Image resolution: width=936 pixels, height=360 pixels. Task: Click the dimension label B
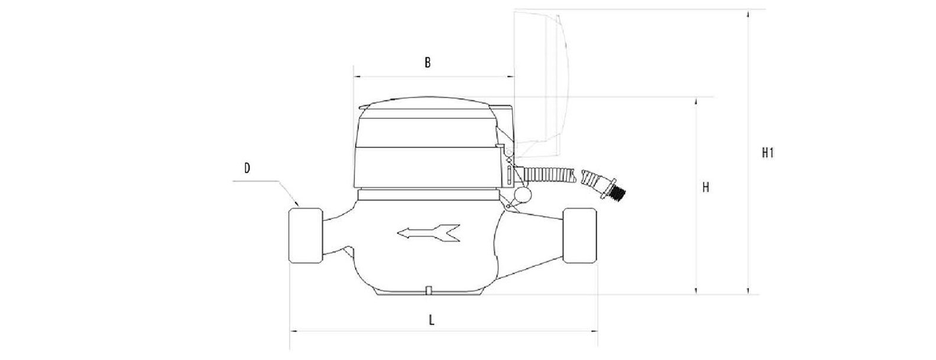coord(427,63)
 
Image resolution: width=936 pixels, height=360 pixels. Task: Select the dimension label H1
coord(768,153)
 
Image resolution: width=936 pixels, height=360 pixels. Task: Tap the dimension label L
coord(432,320)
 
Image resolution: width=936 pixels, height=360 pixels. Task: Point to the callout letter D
coord(247,168)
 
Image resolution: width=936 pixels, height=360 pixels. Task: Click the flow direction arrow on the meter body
coord(428,233)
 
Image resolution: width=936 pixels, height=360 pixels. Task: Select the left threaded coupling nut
coord(306,235)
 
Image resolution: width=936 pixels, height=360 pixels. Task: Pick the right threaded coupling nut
coord(579,235)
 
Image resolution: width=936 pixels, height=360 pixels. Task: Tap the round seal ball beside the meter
coord(523,195)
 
